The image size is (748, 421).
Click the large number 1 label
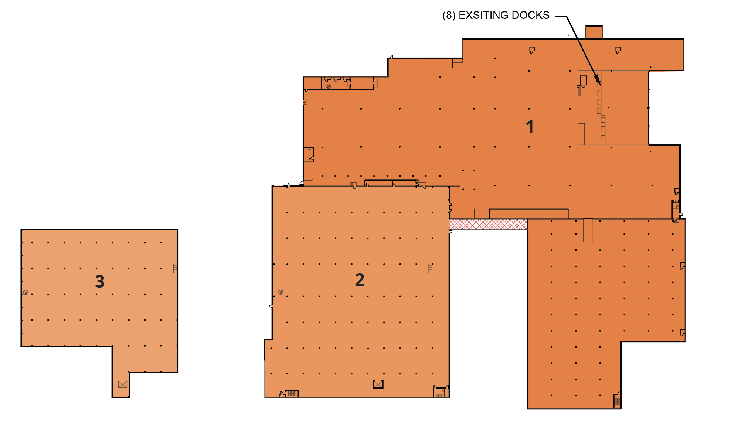click(530, 127)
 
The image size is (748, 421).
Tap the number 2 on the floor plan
click(360, 280)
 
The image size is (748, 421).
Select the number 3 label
click(100, 282)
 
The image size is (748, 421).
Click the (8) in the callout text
click(449, 16)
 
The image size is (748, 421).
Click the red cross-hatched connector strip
click(488, 224)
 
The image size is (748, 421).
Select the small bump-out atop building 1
click(594, 32)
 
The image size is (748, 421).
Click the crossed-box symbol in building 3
click(123, 384)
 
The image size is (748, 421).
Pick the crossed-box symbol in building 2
click(378, 384)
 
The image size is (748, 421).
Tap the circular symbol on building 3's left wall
click(26, 292)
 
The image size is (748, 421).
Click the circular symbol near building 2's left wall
click(281, 292)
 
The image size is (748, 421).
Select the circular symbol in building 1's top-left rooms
click(328, 86)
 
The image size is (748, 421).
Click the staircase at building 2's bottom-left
click(292, 394)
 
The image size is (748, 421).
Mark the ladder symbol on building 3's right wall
click(175, 268)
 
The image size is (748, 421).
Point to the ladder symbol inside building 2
click(430, 268)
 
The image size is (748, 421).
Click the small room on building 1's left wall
click(309, 155)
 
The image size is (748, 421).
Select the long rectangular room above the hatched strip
click(529, 214)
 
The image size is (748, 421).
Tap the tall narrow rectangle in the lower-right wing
click(588, 230)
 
